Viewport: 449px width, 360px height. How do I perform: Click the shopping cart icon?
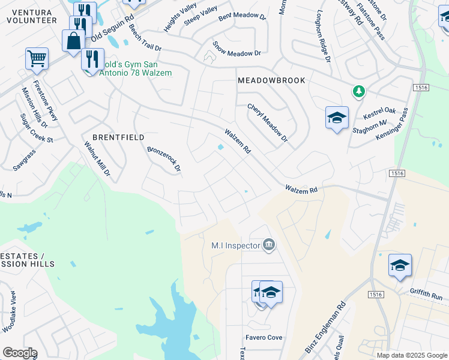click(37, 59)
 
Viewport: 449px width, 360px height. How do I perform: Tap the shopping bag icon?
click(73, 41)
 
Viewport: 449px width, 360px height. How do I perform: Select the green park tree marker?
click(358, 91)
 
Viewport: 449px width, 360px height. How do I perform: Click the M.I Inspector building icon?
click(269, 244)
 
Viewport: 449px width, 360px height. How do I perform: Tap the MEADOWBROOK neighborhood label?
click(271, 80)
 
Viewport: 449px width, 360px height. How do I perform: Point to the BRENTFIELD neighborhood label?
click(118, 137)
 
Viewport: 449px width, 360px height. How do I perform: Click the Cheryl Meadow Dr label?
click(268, 123)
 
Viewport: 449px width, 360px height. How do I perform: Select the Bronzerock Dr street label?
click(164, 159)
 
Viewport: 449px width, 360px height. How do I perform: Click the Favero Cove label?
click(264, 338)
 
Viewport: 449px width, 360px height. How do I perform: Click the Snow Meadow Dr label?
click(238, 53)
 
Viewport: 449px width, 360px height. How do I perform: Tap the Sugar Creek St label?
click(37, 128)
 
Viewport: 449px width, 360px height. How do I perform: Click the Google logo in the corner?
click(20, 353)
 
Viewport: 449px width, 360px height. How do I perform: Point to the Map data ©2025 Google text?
click(412, 355)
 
